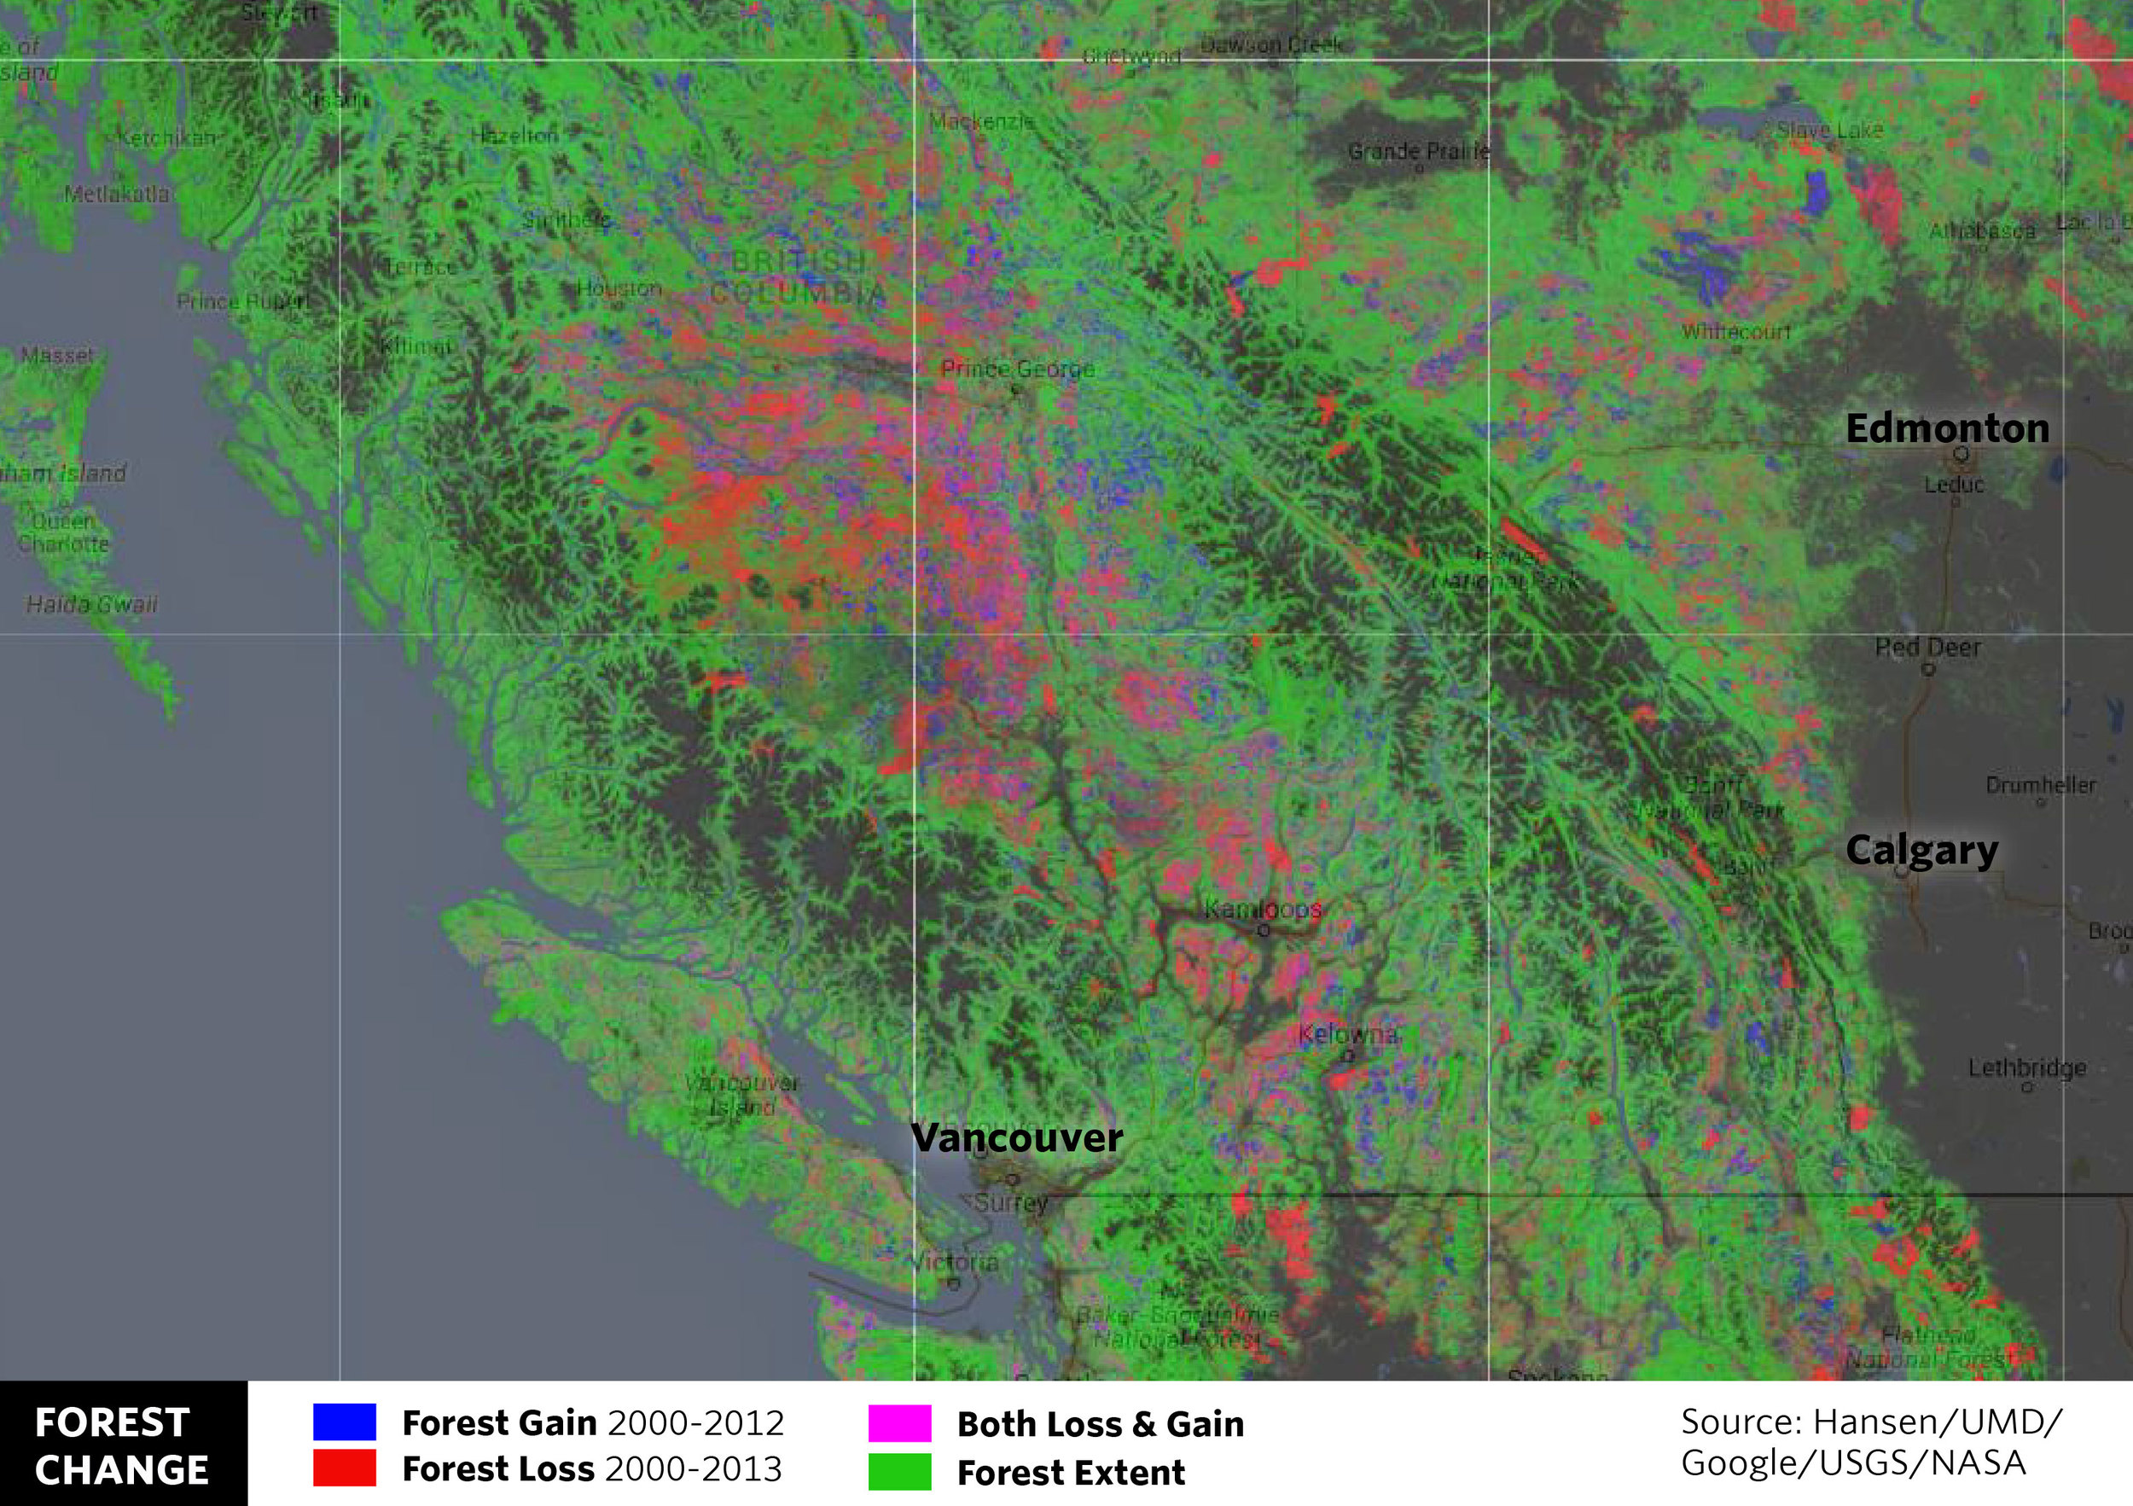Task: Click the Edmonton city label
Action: coord(1947,429)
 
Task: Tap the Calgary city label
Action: coord(1921,850)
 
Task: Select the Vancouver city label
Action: coord(1016,1138)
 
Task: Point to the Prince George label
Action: coord(1017,369)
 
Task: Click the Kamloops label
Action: coord(1263,909)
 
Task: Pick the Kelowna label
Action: coord(1347,1034)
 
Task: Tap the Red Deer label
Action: coord(1927,647)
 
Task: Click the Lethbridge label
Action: coord(2027,1067)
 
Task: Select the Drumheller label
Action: coord(2041,785)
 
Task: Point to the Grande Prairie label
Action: coord(1419,151)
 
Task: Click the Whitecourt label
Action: coord(1735,332)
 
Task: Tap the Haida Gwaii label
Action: coord(91,605)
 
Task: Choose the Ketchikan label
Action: coord(166,138)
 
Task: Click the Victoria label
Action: coord(954,1262)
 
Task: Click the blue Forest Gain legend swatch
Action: coord(344,1422)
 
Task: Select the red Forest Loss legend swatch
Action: coord(344,1468)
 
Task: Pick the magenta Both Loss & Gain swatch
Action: coord(899,1422)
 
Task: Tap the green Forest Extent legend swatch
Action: coord(899,1472)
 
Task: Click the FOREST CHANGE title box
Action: coord(123,1445)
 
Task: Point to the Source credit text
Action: coord(1870,1442)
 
